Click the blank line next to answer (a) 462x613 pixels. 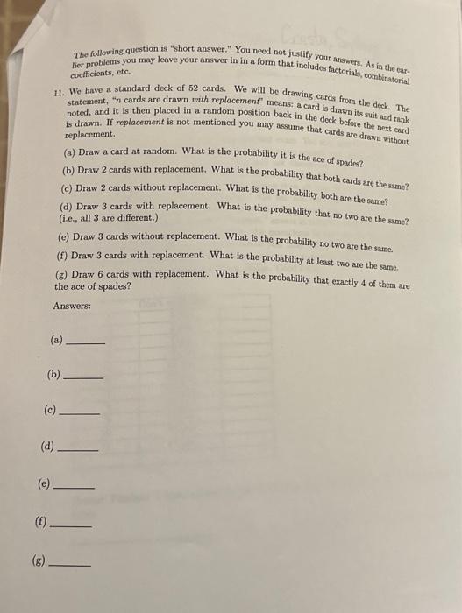pos(86,343)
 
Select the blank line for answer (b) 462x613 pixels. pos(84,377)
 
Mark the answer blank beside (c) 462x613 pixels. pos(82,412)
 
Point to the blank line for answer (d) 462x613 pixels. pos(78,449)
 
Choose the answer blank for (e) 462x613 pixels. pos(75,485)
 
